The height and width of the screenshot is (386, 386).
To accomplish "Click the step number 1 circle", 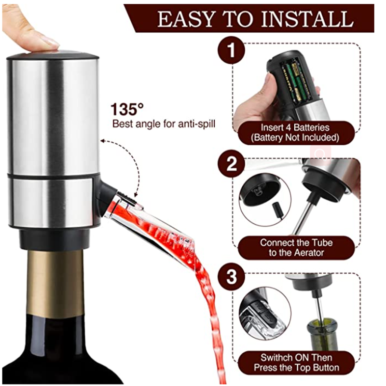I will click(232, 52).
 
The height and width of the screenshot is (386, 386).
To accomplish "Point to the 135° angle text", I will click(127, 109).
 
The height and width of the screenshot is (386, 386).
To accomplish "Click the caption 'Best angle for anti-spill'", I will click(164, 124).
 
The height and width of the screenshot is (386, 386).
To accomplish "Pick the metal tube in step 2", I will click(302, 217).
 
